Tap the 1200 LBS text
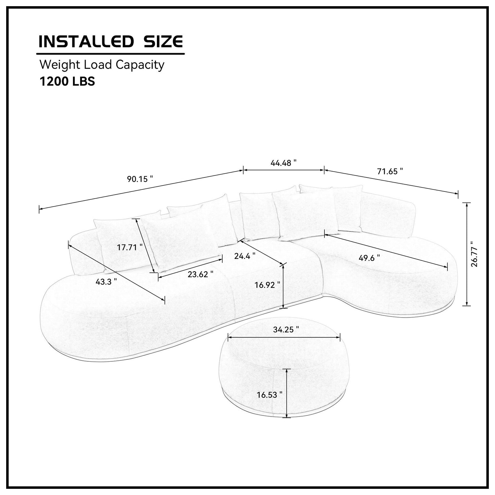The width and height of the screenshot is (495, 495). point(67,82)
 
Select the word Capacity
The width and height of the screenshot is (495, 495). point(140,65)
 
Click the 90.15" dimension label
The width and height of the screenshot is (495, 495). point(140,179)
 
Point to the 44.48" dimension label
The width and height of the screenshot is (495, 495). point(283,163)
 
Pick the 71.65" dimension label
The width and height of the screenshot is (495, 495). point(390,171)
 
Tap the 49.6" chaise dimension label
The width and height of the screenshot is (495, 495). point(369,258)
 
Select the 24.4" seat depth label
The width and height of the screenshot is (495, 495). point(245,256)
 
